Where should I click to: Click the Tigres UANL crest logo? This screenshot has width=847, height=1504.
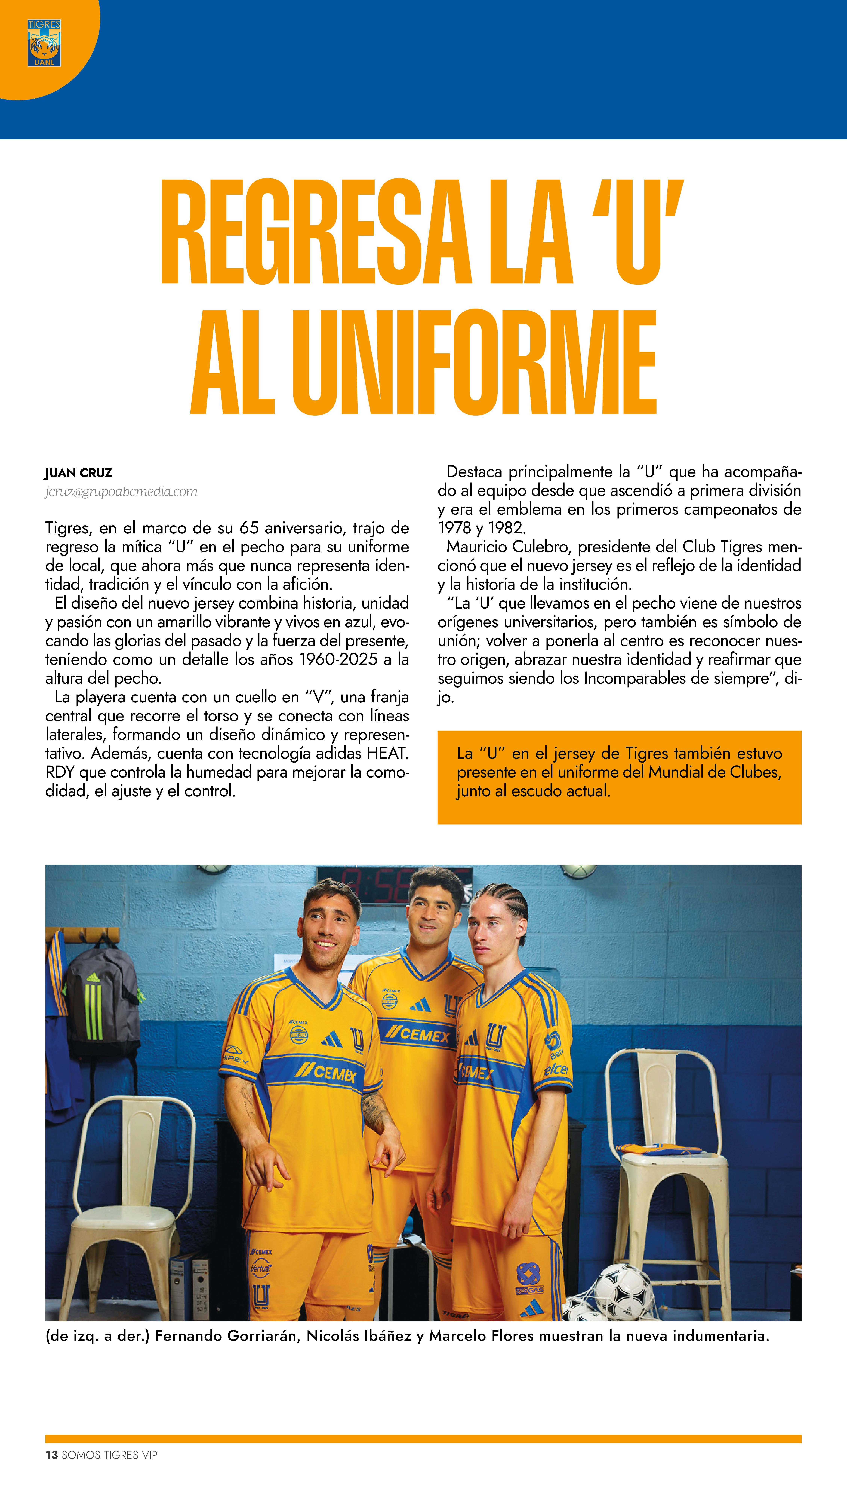point(44,43)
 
